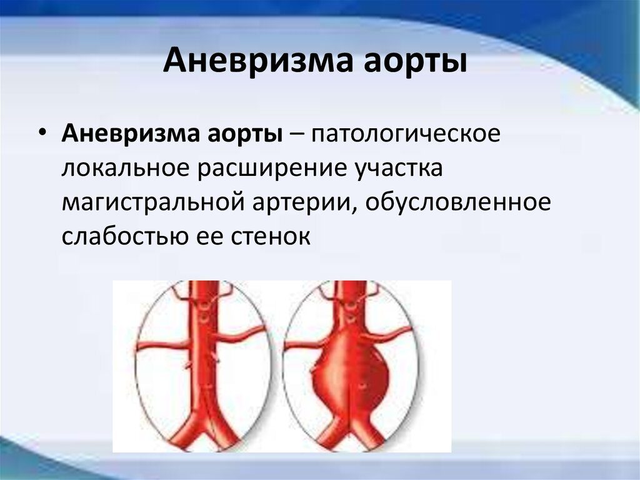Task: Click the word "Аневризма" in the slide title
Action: pyautogui.click(x=258, y=61)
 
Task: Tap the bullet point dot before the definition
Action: pyautogui.click(x=42, y=133)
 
